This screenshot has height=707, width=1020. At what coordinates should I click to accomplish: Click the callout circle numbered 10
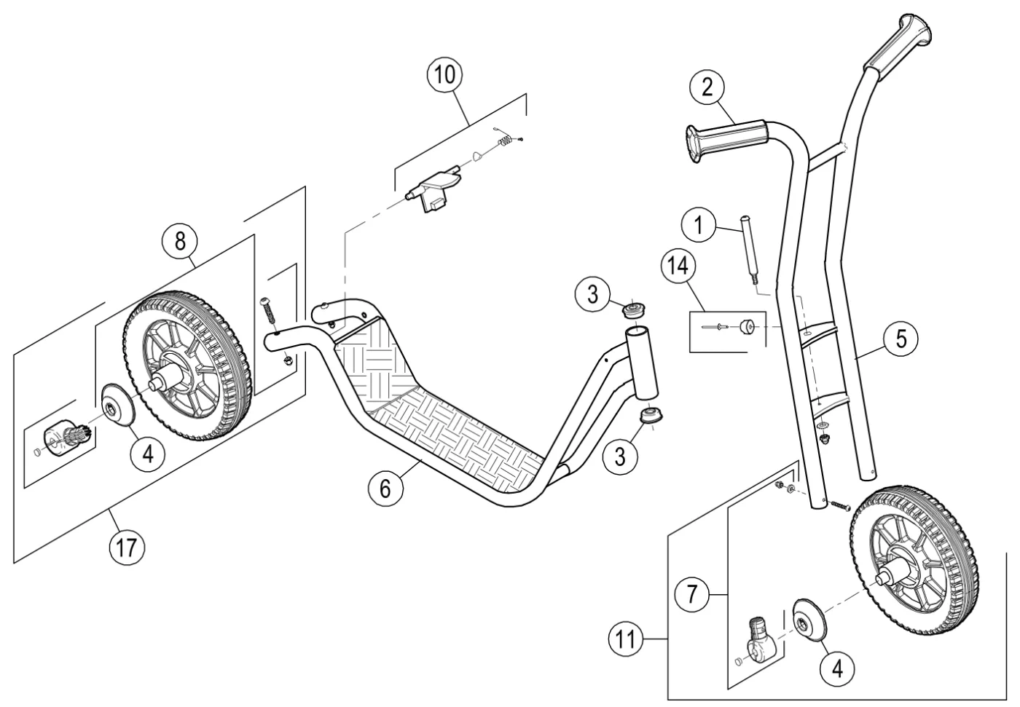pos(444,74)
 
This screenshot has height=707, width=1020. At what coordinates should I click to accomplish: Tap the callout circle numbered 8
pos(181,241)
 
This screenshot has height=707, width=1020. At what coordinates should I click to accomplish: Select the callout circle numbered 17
pos(127,548)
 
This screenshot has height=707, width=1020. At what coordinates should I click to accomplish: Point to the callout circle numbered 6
pos(385,489)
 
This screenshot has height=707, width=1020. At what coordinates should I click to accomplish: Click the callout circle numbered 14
pos(678,266)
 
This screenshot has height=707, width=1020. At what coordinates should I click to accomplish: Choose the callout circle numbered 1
pos(699,225)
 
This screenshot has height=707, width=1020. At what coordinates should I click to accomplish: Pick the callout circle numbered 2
pos(707,87)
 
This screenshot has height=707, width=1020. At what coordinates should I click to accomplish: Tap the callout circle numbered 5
pos(901,339)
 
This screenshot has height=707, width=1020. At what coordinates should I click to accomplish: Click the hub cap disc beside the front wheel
pos(810,622)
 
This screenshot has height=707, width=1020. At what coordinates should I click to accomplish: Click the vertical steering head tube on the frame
pos(642,363)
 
